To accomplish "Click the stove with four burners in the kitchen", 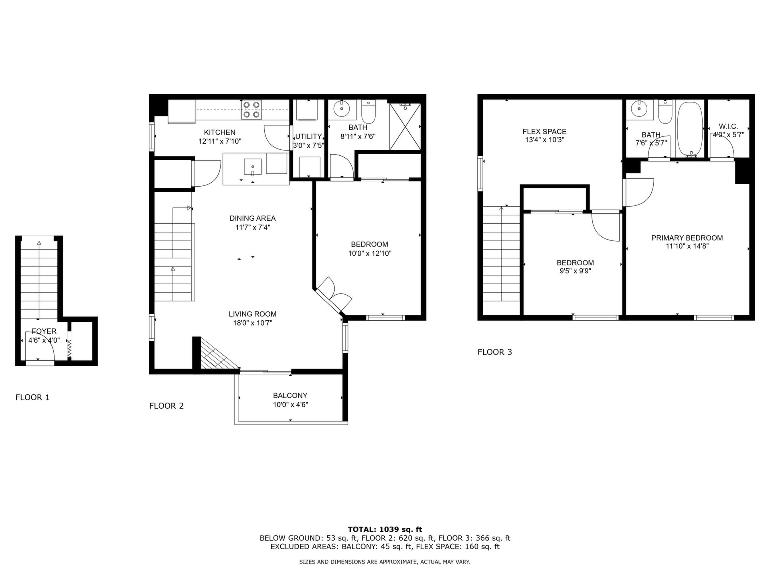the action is pos(251,110).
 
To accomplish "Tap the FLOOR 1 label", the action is pos(32,397).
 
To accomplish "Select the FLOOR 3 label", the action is pos(495,352).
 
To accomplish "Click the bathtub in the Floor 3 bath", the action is pos(690,129).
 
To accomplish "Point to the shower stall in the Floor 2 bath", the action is pos(405,127).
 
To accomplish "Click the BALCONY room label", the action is pos(290,395).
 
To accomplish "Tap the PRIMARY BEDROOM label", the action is pos(687,238).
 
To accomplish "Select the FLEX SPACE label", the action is pos(544,131).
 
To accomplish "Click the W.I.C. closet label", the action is pos(728,126).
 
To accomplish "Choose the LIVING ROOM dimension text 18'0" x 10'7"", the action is pos(253,323).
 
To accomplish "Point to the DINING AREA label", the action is pos(253,218).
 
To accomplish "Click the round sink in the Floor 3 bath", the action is pos(637,108).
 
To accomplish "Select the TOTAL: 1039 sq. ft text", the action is pos(385,529).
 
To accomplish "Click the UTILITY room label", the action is pos(308,136).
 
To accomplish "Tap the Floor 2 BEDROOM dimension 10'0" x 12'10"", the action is pos(370,253).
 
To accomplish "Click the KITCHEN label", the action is pos(220,132).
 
